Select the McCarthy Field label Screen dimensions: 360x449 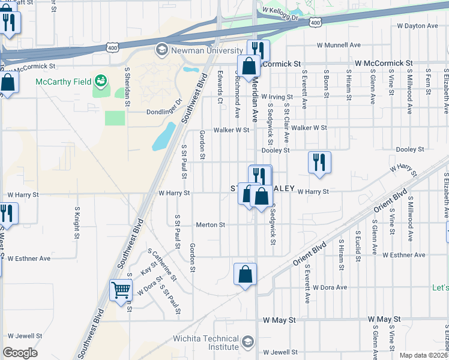[x=63, y=81]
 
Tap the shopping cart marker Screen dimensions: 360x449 [x=121, y=290]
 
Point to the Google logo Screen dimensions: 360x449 [x=20, y=353]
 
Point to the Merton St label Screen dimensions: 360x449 [x=211, y=225]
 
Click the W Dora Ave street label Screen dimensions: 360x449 [x=330, y=287]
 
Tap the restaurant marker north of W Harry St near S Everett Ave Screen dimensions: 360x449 [x=319, y=163]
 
